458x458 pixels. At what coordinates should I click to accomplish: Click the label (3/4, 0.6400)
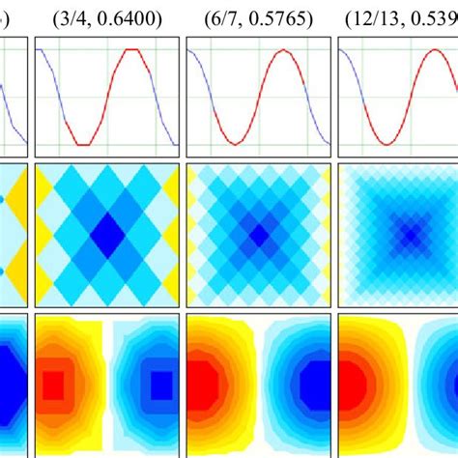[x=107, y=17]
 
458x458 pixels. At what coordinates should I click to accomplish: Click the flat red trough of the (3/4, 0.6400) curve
[x=85, y=144]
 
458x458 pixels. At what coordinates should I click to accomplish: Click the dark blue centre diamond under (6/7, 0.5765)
[x=258, y=234]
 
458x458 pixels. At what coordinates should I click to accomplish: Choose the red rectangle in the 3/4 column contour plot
[x=54, y=385]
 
